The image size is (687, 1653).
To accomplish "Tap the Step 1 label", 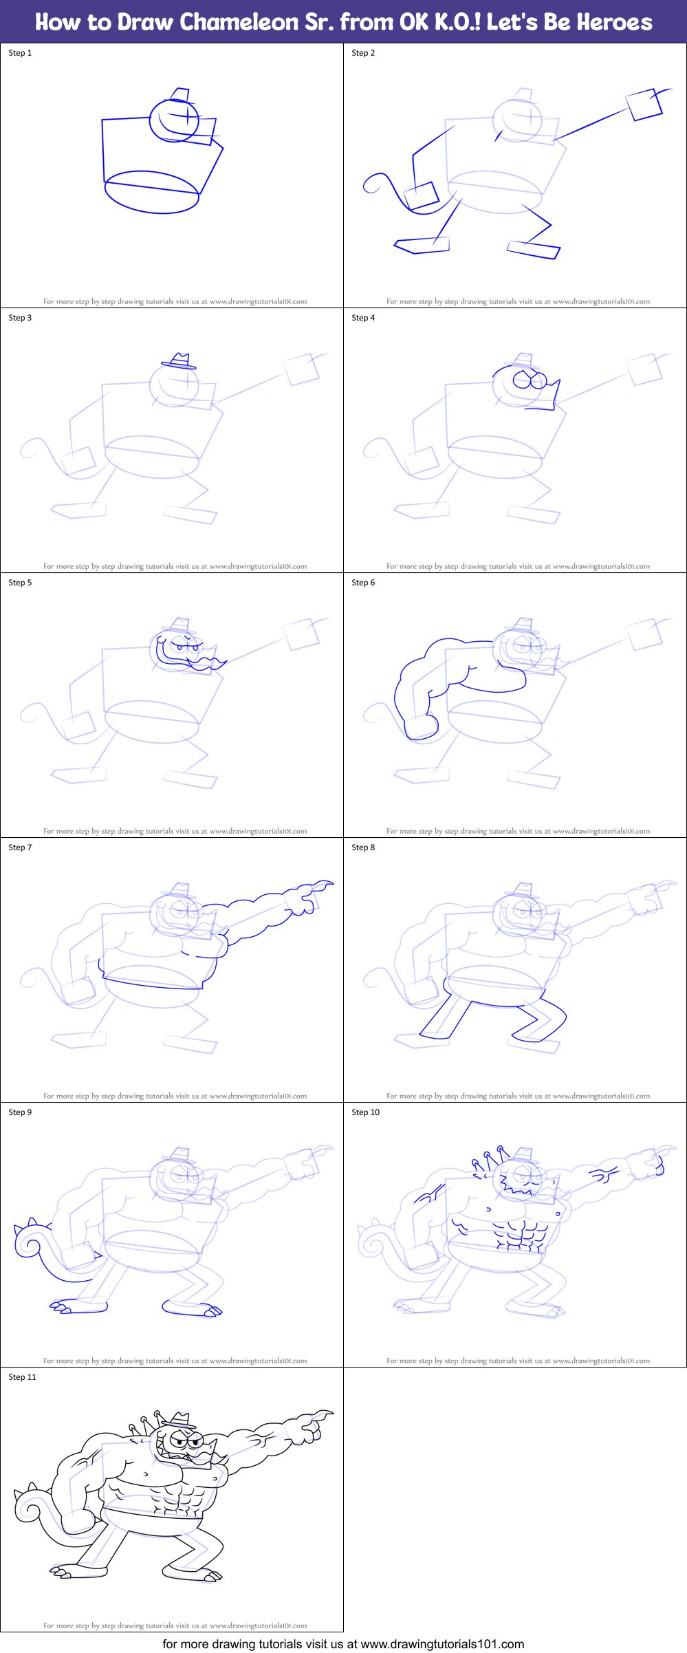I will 20,53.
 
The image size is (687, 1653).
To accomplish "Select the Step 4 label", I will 363,318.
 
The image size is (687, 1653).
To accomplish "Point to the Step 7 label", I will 20,847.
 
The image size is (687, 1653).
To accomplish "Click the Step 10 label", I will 365,1112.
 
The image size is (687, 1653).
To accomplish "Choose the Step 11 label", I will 22,1377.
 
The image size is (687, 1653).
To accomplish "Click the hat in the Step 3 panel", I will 179,362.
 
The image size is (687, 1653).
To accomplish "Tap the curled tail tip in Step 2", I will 372,184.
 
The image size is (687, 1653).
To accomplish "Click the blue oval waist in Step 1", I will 151,192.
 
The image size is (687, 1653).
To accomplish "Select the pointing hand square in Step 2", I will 644,105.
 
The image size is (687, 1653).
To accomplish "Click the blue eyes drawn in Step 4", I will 530,379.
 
